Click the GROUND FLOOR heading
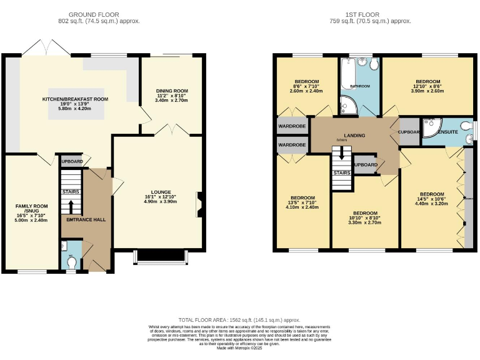pos(94,14)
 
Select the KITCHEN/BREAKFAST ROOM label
pos(75,99)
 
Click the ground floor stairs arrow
pos(71,206)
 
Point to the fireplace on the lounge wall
pos(199,203)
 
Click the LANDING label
pos(354,136)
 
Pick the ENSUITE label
pos(448,132)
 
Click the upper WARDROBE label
pos(292,126)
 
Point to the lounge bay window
pos(161,257)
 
